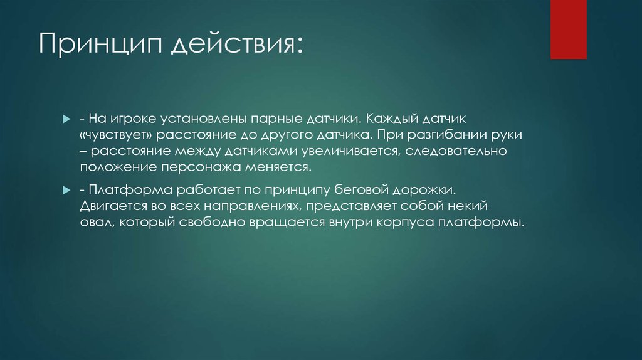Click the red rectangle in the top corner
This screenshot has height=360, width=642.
point(568,29)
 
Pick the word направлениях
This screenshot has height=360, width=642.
point(253,206)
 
